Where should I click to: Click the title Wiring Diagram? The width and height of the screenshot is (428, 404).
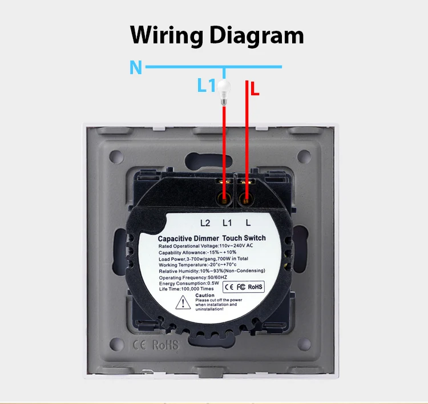(217, 35)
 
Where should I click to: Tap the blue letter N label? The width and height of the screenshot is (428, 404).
(135, 68)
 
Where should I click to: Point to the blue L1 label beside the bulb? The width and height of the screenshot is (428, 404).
(206, 86)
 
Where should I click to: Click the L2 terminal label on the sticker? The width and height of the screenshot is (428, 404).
(205, 223)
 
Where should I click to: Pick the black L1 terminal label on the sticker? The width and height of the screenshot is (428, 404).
(227, 223)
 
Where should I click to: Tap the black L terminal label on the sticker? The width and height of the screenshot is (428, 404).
(248, 223)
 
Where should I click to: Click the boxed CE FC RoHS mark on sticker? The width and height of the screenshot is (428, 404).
(243, 286)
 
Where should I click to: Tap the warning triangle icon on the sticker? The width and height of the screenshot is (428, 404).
(186, 302)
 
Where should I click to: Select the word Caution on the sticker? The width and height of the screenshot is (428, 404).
(205, 295)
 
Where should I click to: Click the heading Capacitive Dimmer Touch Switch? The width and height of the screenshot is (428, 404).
(212, 238)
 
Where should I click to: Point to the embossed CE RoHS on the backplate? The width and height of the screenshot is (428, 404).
(155, 345)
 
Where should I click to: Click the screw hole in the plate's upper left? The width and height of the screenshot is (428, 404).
(116, 156)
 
